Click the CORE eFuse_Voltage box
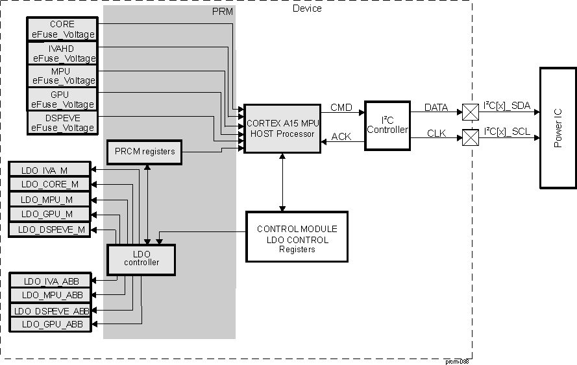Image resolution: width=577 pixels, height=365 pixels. point(62,29)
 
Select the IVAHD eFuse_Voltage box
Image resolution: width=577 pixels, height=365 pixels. point(62,53)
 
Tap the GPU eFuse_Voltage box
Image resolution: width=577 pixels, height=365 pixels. point(62,99)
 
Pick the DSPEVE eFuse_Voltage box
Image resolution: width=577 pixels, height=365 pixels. point(62,122)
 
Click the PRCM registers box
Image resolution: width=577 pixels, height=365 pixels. point(144,152)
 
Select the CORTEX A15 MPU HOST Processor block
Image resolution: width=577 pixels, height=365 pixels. point(282,128)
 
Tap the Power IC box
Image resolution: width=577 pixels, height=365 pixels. point(558,128)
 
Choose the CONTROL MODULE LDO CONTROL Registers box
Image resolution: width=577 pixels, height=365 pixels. point(297,237)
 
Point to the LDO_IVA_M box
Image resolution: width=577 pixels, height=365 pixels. point(49,170)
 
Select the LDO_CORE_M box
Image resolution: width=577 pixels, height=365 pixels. point(49,185)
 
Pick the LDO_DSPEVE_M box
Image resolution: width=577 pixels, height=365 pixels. point(49,230)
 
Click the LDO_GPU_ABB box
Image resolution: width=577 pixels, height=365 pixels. point(49,324)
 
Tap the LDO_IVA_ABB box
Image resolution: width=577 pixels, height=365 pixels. point(49,281)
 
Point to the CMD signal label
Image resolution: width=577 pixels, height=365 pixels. point(341,106)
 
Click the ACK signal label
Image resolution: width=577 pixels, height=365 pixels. point(341,137)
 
